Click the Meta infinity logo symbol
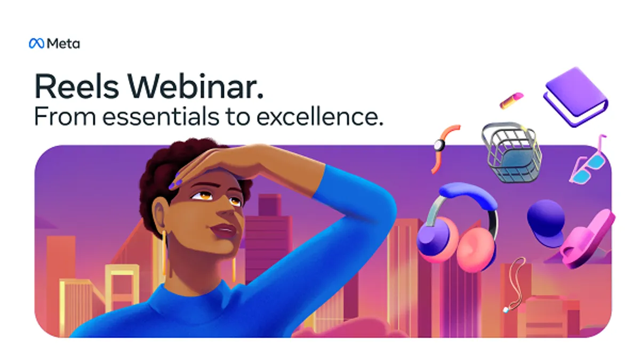tap(37, 43)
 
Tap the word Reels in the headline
tap(76, 86)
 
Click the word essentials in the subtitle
tap(161, 117)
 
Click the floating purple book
tap(575, 97)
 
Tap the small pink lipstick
tap(511, 100)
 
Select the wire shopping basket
tap(511, 153)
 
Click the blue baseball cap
tap(546, 223)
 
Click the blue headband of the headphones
tap(468, 194)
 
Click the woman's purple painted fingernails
tap(175, 182)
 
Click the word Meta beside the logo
tap(63, 44)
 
